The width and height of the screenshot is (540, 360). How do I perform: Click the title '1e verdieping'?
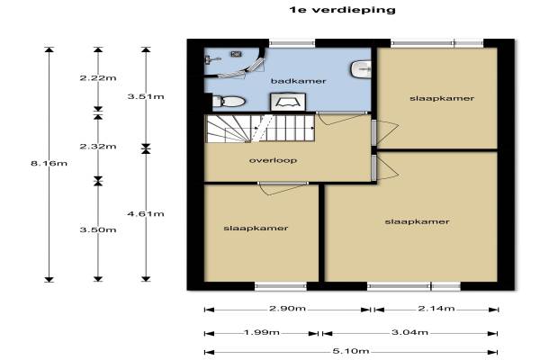click(x=342, y=10)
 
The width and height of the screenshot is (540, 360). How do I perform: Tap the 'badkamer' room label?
click(x=298, y=81)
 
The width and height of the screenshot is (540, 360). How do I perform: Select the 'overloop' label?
click(x=273, y=160)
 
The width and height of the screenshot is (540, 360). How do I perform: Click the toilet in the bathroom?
click(x=229, y=102)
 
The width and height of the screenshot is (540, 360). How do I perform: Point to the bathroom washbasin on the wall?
click(x=361, y=69)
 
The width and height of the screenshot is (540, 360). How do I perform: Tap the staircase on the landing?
click(x=260, y=129)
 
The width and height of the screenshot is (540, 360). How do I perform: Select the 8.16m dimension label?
click(x=49, y=163)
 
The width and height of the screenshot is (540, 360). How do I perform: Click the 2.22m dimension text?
click(x=98, y=78)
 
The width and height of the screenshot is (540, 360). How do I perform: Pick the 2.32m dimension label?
click(x=98, y=147)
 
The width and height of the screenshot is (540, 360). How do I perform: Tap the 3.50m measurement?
click(x=98, y=229)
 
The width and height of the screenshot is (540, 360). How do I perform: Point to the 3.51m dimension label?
click(x=146, y=96)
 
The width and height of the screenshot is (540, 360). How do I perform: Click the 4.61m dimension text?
click(x=146, y=214)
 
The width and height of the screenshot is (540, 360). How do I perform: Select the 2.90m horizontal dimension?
click(x=287, y=309)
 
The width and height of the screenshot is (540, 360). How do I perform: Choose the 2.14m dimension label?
click(x=436, y=309)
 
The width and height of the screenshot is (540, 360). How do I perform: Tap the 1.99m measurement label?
click(x=262, y=333)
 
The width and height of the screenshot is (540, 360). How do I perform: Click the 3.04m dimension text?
click(x=409, y=332)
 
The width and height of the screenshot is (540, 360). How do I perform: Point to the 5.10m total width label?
click(x=351, y=351)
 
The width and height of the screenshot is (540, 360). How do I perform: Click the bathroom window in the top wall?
click(x=292, y=43)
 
